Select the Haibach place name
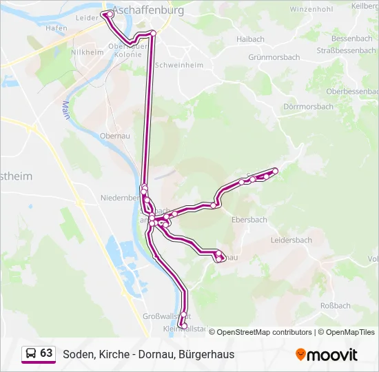[250, 40]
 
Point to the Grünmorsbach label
[274, 58]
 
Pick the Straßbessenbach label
[345, 50]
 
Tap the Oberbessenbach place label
[351, 91]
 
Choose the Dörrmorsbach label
[308, 107]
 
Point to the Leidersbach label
[291, 240]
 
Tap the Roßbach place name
[336, 306]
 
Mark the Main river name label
[66, 110]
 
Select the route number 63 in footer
[46, 353]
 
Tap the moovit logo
[327, 355]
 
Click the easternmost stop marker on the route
[276, 170]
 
